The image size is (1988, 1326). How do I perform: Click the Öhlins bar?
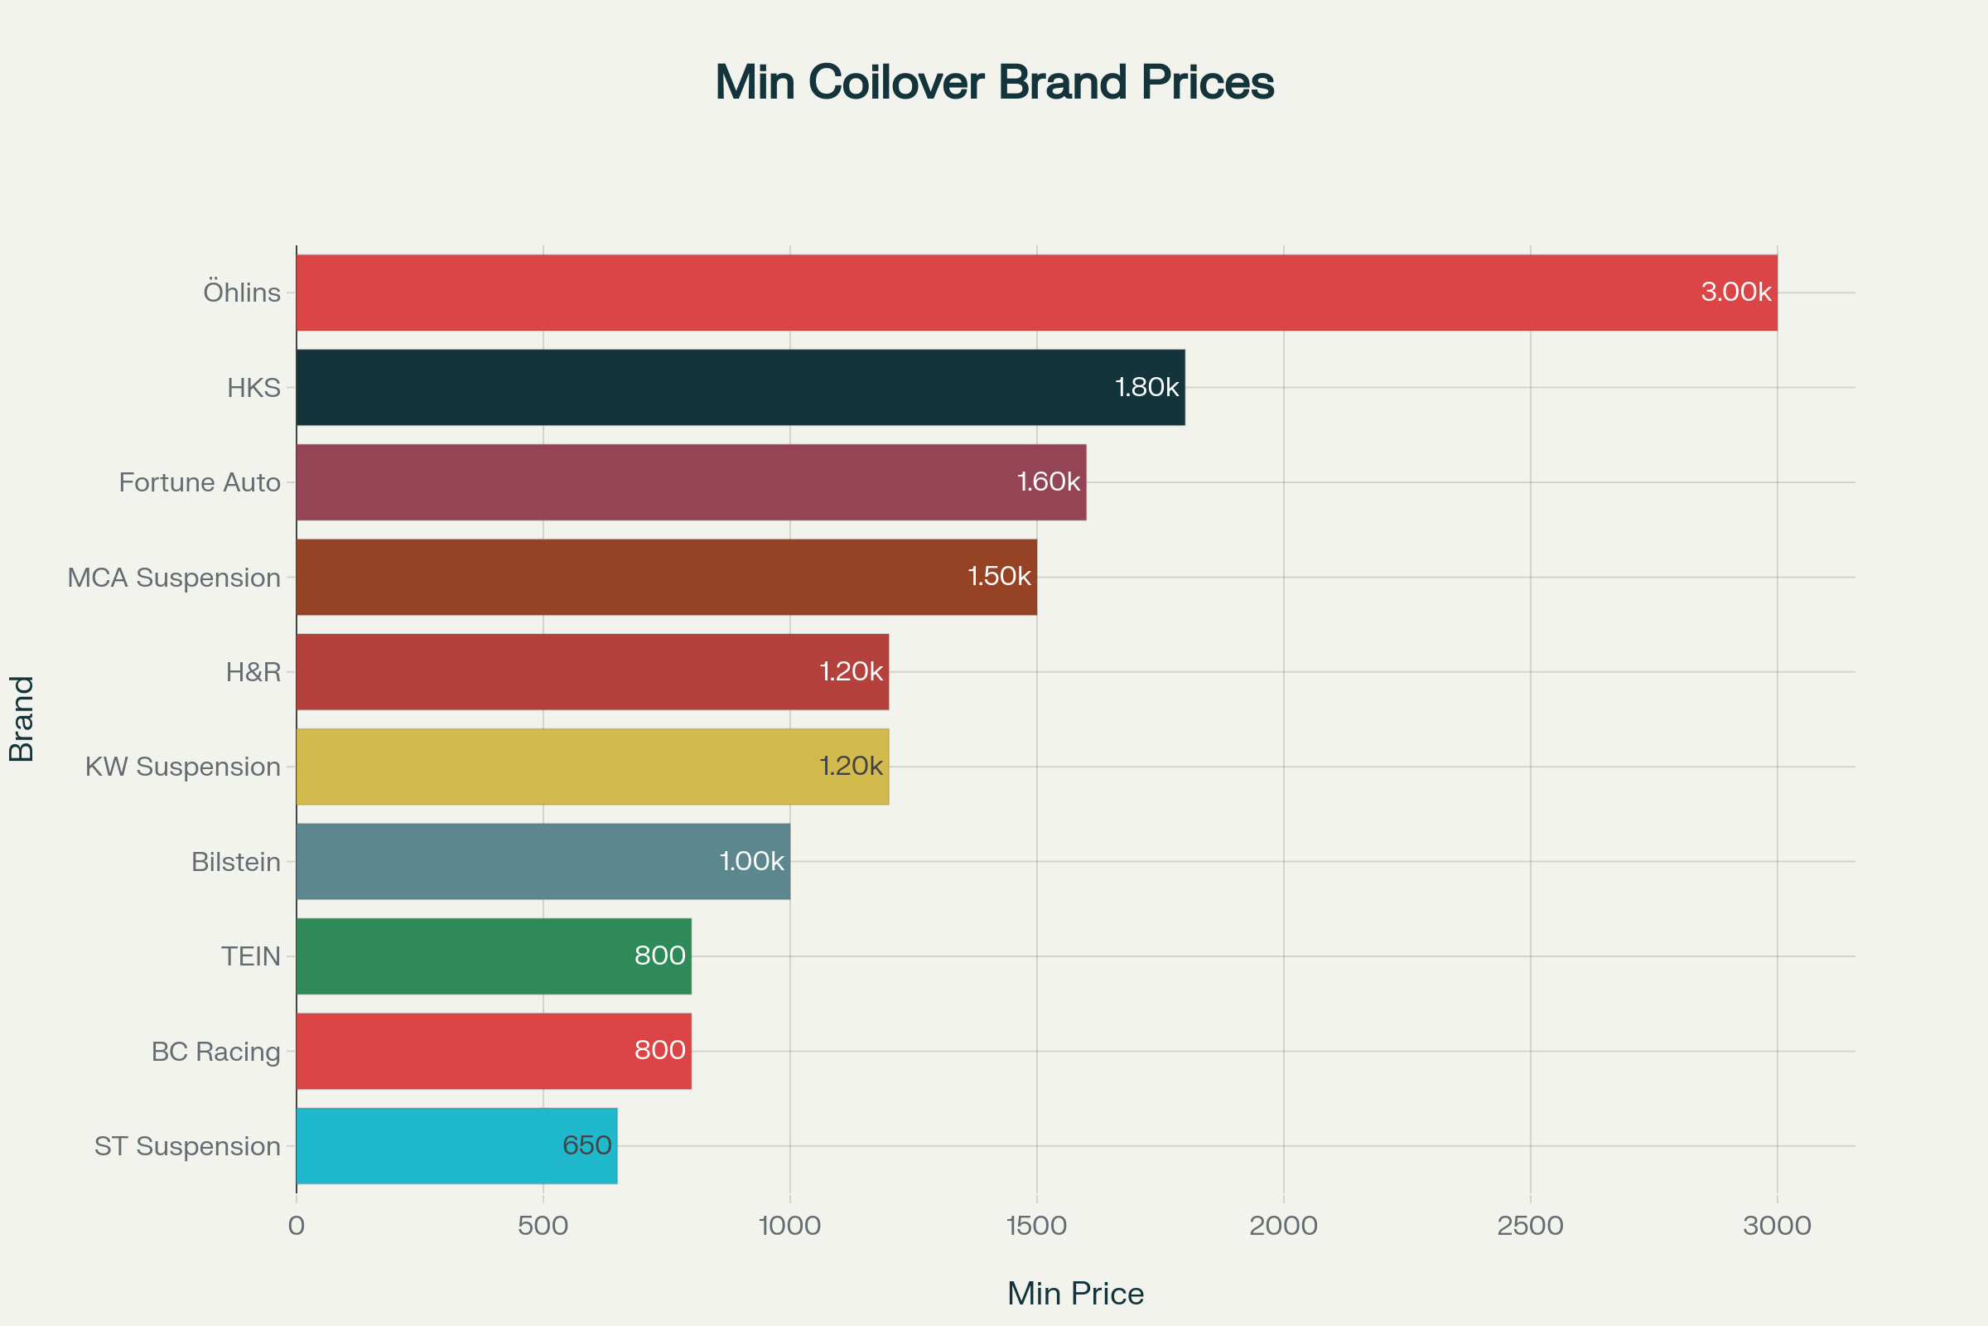tap(1036, 293)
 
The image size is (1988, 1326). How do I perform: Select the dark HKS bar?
tap(741, 387)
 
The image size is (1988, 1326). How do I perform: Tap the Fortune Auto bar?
tap(692, 482)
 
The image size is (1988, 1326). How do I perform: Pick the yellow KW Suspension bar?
tap(591, 766)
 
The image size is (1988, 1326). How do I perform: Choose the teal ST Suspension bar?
tap(456, 1146)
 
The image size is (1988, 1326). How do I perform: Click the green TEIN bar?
tap(494, 956)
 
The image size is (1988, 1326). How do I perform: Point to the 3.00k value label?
tap(1735, 292)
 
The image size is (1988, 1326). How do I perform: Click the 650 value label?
tap(586, 1145)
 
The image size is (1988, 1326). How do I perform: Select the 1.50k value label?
tap(999, 576)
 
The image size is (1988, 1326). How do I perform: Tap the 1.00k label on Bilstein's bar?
tap(751, 861)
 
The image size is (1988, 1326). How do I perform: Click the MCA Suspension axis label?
tap(174, 578)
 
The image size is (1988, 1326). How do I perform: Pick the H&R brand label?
tap(253, 672)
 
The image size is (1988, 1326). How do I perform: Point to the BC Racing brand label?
tap(215, 1051)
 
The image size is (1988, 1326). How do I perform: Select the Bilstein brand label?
tap(236, 862)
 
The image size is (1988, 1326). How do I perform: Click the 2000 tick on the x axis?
tap(1283, 1226)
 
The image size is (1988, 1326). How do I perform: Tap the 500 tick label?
tap(543, 1226)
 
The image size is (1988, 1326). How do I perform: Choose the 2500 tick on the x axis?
tap(1530, 1226)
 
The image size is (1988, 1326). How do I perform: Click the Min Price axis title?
tap(1075, 1293)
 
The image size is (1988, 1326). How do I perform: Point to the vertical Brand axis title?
tap(22, 719)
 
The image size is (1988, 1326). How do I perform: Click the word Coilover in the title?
tap(896, 83)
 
